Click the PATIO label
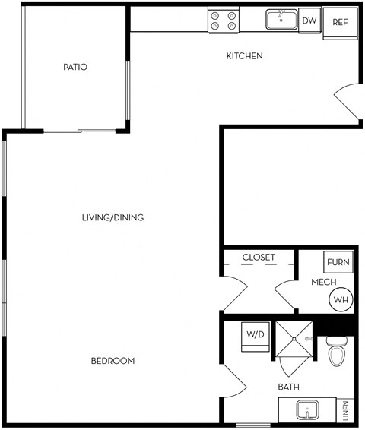[75, 67]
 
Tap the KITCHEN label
[244, 56]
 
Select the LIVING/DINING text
[113, 217]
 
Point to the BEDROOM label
[113, 361]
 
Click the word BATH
[288, 387]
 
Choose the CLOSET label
[259, 258]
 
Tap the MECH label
[324, 282]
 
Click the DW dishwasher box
[309, 21]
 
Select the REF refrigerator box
[341, 24]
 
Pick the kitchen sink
[281, 20]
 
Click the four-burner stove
[224, 21]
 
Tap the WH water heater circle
[341, 299]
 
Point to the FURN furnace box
[338, 262]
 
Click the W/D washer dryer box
[255, 337]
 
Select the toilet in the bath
[337, 352]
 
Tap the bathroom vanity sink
[308, 410]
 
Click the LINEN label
[345, 410]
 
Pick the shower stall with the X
[294, 339]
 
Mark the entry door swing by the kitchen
[345, 102]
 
